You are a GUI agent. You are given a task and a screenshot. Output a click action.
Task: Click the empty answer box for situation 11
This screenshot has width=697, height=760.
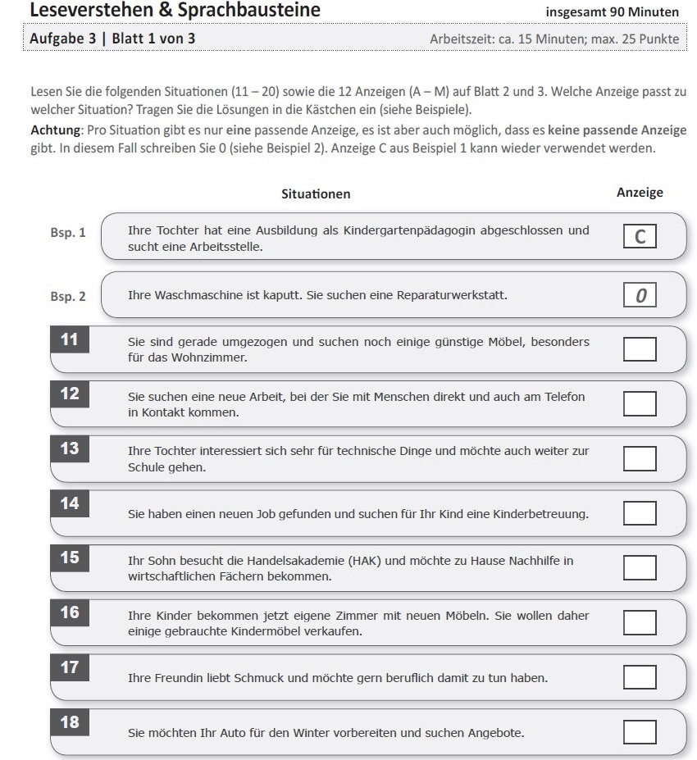coord(640,349)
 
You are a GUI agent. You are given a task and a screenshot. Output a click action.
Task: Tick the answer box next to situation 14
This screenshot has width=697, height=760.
coord(640,513)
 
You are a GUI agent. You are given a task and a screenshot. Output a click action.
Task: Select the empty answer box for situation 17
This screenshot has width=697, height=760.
coord(640,677)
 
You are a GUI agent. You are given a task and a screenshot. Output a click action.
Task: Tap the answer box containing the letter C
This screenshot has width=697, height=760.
coord(640,237)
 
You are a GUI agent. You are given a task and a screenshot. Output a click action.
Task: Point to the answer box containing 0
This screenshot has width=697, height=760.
coord(640,295)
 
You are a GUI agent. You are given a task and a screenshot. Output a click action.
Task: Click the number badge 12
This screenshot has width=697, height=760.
coord(71,394)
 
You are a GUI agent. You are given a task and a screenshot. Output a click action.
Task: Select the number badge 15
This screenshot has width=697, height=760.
coord(71,558)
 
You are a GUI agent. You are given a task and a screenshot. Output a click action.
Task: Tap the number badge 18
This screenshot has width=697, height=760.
coord(71,722)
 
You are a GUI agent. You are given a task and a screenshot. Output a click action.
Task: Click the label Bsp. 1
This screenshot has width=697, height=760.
coord(71,233)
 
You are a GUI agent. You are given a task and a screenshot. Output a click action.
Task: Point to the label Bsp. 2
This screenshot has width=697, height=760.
coord(71,296)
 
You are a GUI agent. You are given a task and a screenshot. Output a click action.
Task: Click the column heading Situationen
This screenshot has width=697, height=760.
coord(316,194)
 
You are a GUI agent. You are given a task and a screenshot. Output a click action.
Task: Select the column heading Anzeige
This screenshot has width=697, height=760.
coord(640,193)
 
